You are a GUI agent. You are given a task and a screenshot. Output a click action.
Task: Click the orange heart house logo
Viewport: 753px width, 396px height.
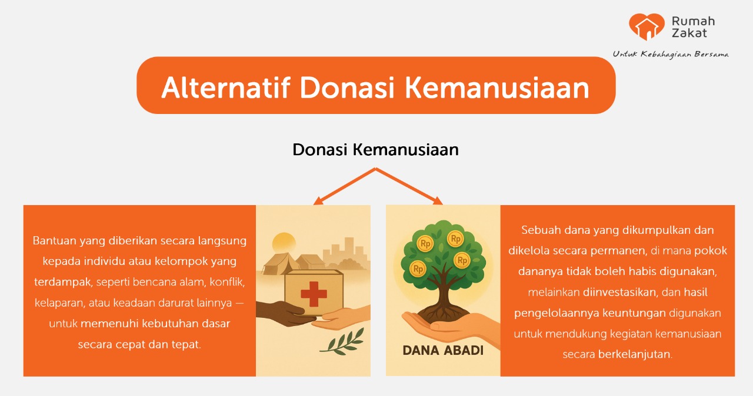[647, 27]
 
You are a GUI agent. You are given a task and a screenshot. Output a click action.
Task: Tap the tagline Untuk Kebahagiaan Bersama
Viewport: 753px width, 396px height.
[671, 55]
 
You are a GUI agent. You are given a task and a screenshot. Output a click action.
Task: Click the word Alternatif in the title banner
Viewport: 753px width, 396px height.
[226, 88]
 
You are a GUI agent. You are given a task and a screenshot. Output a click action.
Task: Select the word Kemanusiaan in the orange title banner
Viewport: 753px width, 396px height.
[497, 88]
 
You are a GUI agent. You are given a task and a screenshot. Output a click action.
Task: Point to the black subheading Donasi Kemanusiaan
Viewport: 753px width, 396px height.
[375, 150]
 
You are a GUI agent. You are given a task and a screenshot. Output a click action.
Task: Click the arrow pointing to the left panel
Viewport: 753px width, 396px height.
[344, 186]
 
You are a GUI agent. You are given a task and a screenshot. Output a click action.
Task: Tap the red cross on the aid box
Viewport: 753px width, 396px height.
[314, 294]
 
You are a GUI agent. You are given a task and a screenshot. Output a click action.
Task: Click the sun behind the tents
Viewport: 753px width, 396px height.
[284, 242]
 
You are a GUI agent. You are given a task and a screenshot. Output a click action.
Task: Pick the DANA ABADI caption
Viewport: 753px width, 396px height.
[443, 350]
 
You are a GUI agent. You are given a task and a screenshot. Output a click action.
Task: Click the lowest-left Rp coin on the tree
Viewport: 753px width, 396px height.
[418, 269]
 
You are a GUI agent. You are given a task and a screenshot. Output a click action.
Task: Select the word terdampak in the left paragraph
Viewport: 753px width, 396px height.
[62, 282]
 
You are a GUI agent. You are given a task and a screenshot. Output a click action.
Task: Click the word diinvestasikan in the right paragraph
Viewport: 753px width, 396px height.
[619, 293]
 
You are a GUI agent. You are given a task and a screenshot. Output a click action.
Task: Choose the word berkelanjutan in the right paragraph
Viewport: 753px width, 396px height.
[634, 354]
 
